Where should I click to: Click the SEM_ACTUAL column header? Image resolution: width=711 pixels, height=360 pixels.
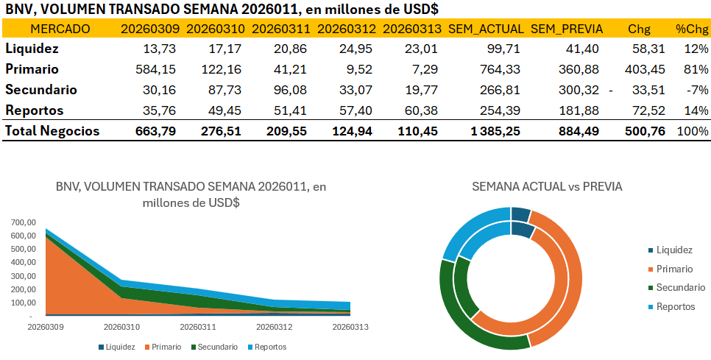(x=486, y=29)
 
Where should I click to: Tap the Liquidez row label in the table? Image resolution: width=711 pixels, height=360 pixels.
(x=32, y=49)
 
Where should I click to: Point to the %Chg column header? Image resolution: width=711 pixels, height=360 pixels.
(x=692, y=29)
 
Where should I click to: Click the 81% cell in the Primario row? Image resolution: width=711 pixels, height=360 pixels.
(x=696, y=69)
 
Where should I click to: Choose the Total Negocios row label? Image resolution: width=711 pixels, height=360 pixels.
(x=52, y=132)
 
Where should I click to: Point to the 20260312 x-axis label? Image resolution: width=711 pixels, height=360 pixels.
(x=274, y=325)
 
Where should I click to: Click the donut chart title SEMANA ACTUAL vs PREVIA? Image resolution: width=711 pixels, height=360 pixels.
(x=547, y=187)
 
